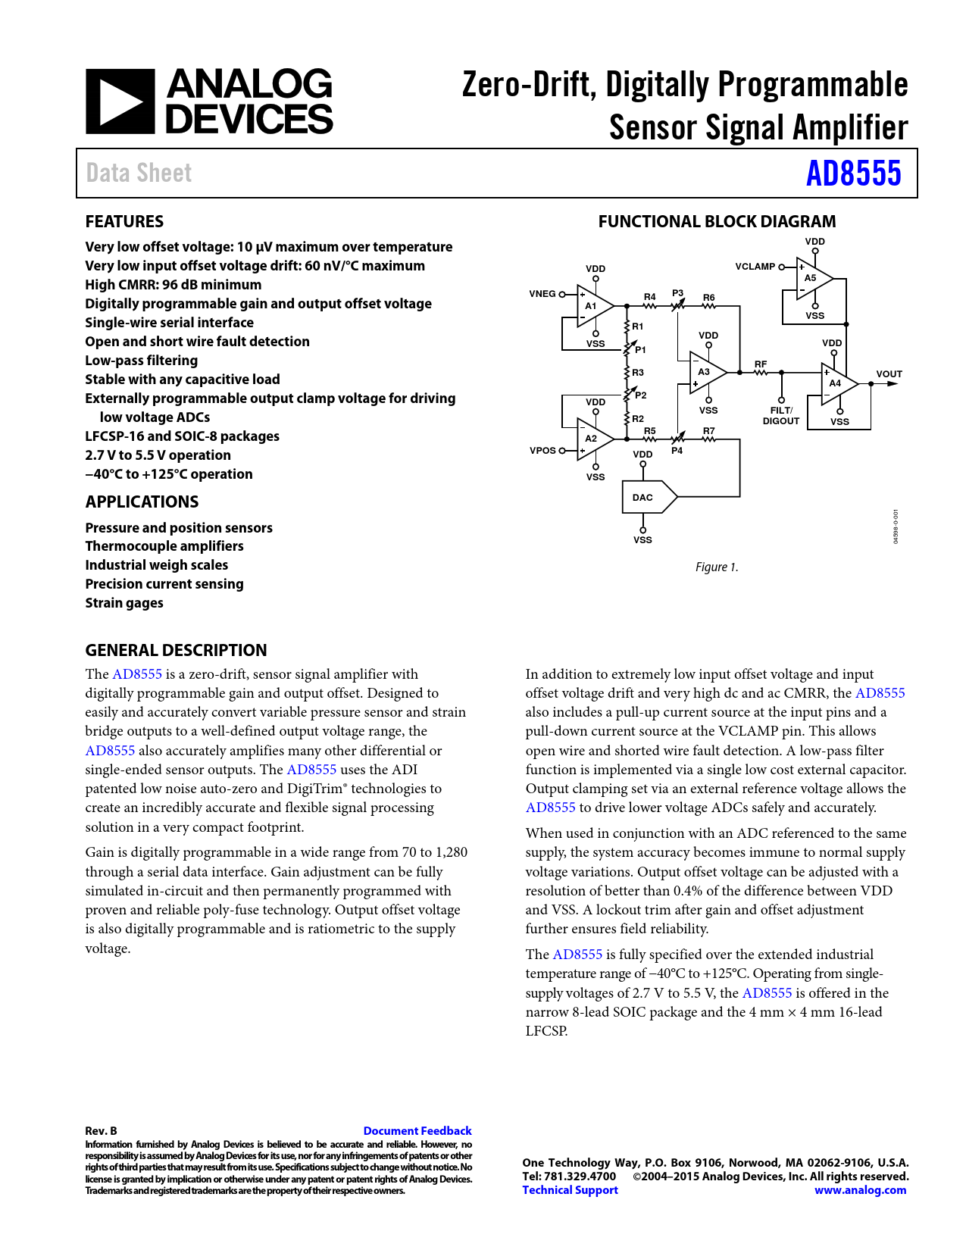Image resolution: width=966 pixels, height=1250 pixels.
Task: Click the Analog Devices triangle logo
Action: coord(120,102)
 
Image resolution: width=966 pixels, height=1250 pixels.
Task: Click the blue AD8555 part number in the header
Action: coord(853,173)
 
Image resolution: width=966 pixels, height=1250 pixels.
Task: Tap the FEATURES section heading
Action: coord(124,222)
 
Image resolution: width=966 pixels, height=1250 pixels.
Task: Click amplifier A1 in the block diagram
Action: coord(592,306)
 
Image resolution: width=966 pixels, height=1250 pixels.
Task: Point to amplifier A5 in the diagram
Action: coord(812,278)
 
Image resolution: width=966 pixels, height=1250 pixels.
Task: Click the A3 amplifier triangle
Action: coord(705,372)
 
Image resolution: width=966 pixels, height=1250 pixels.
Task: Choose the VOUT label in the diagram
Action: coord(889,374)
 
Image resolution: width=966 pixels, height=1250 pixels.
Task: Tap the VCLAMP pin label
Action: coord(755,267)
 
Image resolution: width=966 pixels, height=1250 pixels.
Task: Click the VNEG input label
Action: coord(542,294)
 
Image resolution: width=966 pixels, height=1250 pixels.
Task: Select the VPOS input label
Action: coord(542,451)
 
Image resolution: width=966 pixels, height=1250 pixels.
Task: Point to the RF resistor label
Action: coord(761,364)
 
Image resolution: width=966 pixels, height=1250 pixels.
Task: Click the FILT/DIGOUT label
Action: coord(781,416)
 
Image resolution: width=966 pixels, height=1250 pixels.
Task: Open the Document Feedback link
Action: coord(417,1131)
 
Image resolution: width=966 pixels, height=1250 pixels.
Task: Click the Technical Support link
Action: coord(570,1190)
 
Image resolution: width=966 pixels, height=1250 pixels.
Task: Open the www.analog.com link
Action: coord(860,1190)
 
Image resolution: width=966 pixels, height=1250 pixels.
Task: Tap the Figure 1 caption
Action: coord(717,567)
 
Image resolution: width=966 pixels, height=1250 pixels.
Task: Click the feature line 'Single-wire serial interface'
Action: coord(169,323)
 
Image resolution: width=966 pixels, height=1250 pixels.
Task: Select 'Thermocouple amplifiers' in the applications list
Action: coord(164,546)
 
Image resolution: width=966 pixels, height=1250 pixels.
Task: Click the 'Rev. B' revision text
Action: coord(101,1131)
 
